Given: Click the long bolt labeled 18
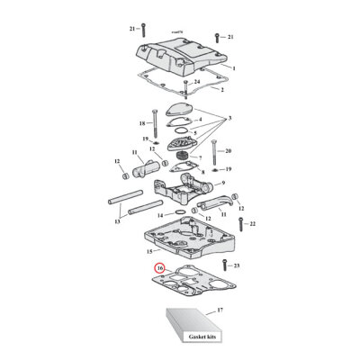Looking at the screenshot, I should (158, 121).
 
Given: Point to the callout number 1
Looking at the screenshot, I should (232, 68).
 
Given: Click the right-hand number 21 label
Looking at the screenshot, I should (229, 36).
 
